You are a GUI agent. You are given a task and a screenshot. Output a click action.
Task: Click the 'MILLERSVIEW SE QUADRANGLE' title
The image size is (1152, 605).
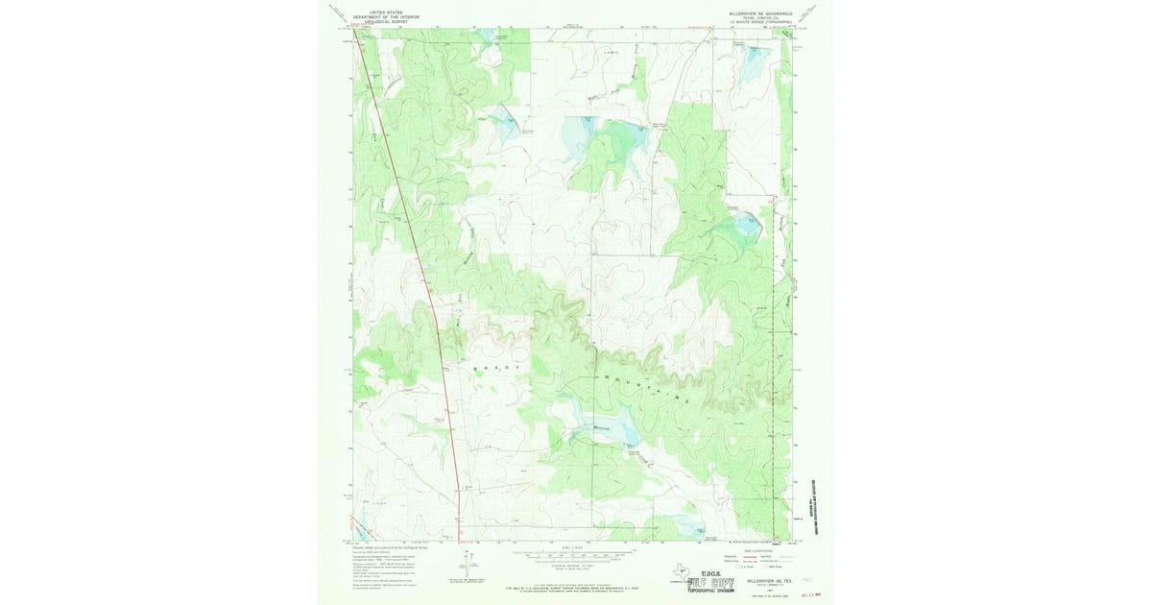pos(760,13)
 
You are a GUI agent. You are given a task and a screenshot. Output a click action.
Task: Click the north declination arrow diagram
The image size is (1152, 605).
pos(468,567)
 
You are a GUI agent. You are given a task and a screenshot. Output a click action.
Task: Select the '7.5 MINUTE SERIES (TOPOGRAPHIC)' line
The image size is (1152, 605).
pos(760,23)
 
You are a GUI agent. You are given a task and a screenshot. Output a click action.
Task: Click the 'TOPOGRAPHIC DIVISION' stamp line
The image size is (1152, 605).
pos(710,592)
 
